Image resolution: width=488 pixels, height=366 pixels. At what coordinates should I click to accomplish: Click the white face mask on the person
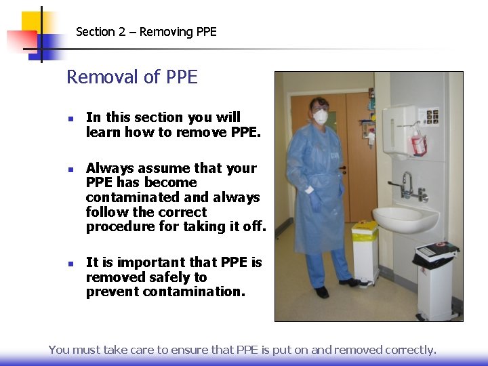pos(321,117)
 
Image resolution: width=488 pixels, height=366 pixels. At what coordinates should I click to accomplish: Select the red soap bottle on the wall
pos(418,143)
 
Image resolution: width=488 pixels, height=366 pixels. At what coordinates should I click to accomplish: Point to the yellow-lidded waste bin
pos(365,251)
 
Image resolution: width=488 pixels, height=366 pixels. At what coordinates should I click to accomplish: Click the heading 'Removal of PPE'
pos(131,77)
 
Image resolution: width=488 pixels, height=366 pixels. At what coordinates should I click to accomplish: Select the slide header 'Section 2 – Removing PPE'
pos(146,32)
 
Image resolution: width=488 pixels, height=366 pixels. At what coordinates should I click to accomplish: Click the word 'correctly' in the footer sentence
pos(410,350)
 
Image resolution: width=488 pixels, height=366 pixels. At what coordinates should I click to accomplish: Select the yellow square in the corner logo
pos(31,22)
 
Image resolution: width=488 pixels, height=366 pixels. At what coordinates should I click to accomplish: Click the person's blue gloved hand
pos(315,201)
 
